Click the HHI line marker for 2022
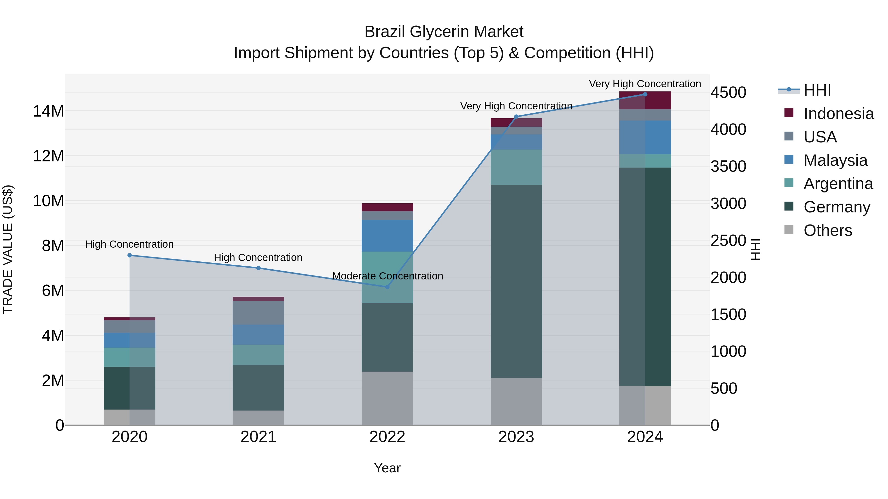click(387, 287)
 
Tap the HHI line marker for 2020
click(129, 255)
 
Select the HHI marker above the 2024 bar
click(645, 94)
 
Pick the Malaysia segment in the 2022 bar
click(387, 236)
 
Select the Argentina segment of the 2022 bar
click(387, 277)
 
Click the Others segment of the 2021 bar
click(258, 417)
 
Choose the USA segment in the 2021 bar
click(258, 313)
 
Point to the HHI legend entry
click(817, 90)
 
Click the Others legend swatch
click(789, 230)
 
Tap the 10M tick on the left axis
click(48, 201)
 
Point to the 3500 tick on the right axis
click(728, 166)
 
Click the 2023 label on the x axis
click(516, 437)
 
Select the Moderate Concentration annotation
click(388, 276)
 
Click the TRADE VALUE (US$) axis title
click(8, 249)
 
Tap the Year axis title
click(387, 468)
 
